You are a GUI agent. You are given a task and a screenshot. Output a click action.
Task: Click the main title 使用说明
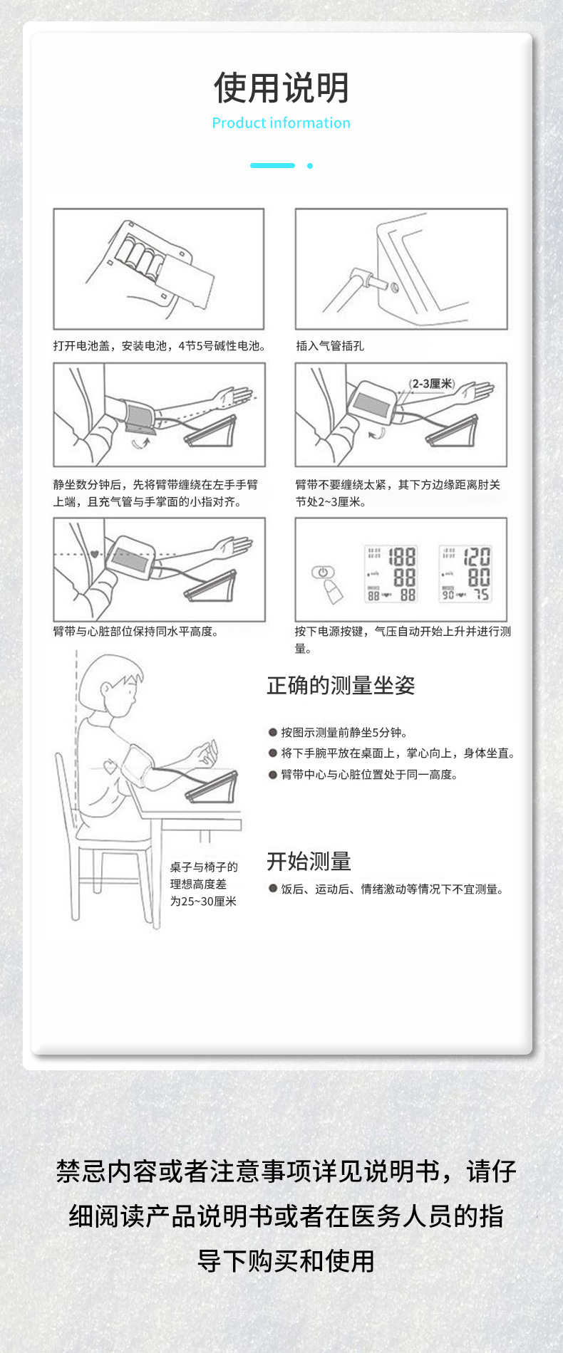click(x=281, y=88)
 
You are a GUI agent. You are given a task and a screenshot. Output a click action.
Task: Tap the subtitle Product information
click(x=281, y=123)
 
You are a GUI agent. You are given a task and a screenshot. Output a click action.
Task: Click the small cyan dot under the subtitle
click(x=310, y=166)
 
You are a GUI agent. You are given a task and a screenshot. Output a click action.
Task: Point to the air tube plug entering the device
click(x=370, y=278)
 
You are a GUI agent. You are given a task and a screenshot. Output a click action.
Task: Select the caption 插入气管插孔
click(x=330, y=346)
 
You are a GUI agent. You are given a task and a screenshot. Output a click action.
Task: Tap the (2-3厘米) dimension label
click(x=432, y=384)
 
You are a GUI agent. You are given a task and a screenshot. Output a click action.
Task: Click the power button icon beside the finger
click(x=322, y=573)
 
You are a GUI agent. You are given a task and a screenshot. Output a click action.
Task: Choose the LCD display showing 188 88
click(x=391, y=573)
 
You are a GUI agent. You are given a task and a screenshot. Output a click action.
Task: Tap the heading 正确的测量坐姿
click(x=341, y=686)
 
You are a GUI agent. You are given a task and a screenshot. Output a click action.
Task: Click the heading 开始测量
click(x=309, y=862)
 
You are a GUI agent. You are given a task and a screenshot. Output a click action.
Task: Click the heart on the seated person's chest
click(x=111, y=768)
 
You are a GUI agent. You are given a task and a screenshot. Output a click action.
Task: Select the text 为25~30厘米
click(x=203, y=902)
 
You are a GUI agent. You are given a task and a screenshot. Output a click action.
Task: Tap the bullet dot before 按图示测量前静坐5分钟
click(x=272, y=732)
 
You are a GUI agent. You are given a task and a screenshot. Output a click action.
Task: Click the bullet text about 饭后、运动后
click(x=391, y=889)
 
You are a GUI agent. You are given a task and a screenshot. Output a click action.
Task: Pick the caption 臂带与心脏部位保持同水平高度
click(x=135, y=632)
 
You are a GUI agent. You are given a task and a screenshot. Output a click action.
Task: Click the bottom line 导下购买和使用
click(x=286, y=1261)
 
